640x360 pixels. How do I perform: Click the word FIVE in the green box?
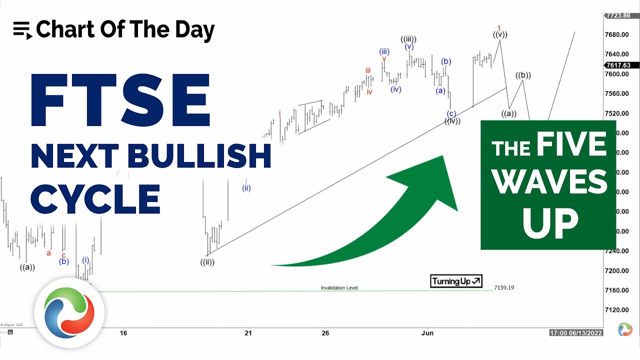[x=571, y=145]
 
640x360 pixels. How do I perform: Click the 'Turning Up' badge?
[x=456, y=281]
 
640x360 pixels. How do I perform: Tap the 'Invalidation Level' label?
[x=339, y=288]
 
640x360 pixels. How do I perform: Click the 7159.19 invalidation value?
[x=504, y=287]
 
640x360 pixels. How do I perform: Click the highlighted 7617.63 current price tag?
[x=617, y=65]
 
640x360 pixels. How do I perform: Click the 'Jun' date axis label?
[x=427, y=333]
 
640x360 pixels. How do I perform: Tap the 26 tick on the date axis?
[x=325, y=333]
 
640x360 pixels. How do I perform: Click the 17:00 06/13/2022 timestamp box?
[x=576, y=333]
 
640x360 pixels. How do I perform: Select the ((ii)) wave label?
[x=207, y=262]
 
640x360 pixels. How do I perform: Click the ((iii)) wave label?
[x=408, y=39]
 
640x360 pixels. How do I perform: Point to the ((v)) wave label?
[x=499, y=34]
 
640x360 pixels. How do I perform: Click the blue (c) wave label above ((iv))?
[x=451, y=113]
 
